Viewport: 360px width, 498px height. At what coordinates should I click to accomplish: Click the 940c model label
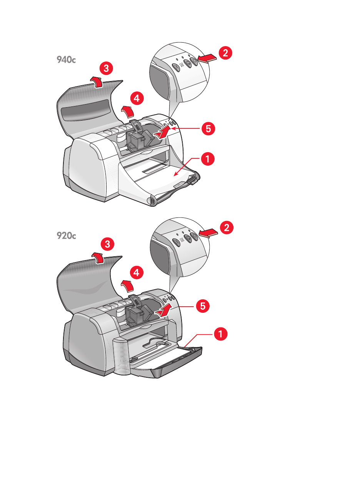click(66, 60)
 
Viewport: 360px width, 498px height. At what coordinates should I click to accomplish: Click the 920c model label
click(66, 235)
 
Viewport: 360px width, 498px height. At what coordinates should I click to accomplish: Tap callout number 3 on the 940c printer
click(106, 69)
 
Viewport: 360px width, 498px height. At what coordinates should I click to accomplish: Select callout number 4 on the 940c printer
click(137, 98)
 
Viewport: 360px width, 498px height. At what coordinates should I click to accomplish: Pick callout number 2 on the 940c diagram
click(225, 53)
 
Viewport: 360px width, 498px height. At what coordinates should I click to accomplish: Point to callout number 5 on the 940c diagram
click(208, 128)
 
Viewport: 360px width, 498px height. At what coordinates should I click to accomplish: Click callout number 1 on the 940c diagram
click(207, 158)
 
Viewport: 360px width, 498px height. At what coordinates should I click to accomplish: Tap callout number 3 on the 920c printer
click(107, 244)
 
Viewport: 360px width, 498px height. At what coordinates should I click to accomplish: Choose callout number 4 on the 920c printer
click(136, 273)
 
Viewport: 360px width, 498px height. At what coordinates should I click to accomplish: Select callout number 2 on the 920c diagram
click(227, 227)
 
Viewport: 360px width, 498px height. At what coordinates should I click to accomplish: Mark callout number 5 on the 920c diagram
click(203, 306)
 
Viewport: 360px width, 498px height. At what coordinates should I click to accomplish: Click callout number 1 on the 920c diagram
click(220, 334)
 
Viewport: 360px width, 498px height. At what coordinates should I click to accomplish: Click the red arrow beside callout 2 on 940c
click(207, 58)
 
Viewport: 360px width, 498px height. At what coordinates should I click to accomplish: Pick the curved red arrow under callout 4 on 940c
click(128, 111)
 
